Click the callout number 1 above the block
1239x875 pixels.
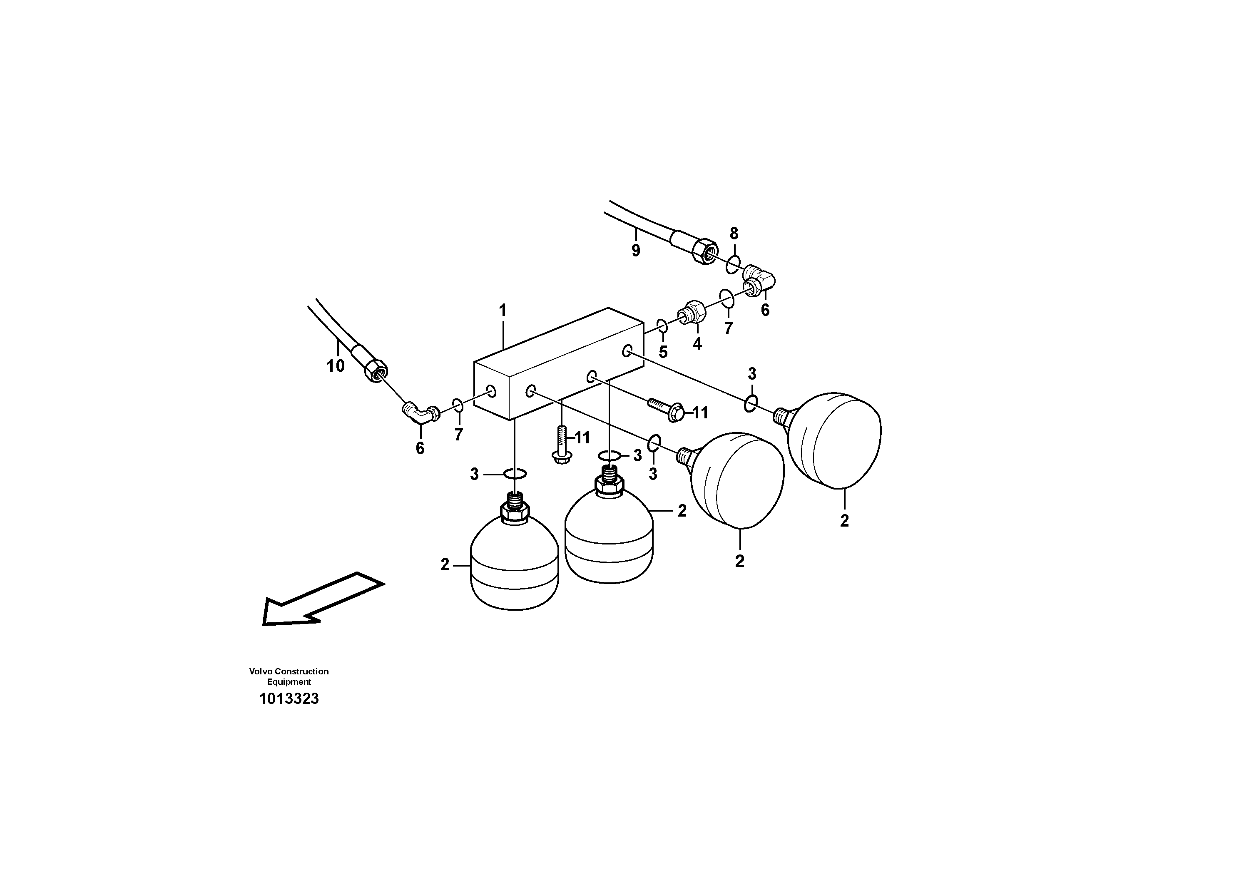click(x=503, y=310)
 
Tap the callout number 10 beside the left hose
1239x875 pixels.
click(x=335, y=366)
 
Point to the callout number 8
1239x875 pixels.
click(x=734, y=234)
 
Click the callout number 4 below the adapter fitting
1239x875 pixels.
click(x=697, y=344)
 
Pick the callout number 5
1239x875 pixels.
click(x=663, y=352)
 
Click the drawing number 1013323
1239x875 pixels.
click(x=289, y=699)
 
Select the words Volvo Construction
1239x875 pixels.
click(x=289, y=671)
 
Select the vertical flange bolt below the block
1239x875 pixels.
click(x=562, y=445)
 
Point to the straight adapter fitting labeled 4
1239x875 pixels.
click(x=690, y=313)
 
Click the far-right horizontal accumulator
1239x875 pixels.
click(x=834, y=440)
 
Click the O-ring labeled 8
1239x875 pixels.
click(x=733, y=265)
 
